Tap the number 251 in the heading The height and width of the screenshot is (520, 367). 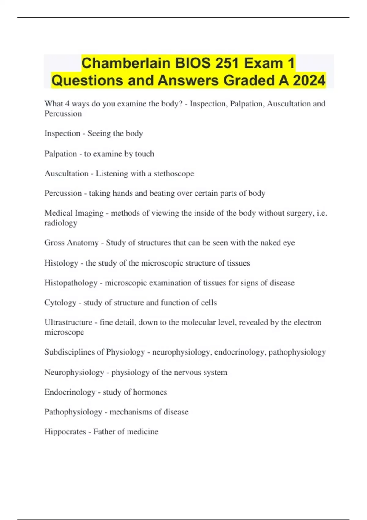point(227,63)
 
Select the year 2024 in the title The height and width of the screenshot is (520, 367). point(309,80)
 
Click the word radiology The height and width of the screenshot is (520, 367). point(61,223)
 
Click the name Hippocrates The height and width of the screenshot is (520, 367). point(65,432)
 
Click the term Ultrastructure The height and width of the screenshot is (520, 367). point(68,322)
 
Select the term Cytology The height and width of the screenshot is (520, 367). point(60,303)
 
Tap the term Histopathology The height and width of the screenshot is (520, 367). point(71,283)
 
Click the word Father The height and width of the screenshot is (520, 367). point(104,432)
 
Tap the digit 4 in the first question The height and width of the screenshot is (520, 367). point(67,104)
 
